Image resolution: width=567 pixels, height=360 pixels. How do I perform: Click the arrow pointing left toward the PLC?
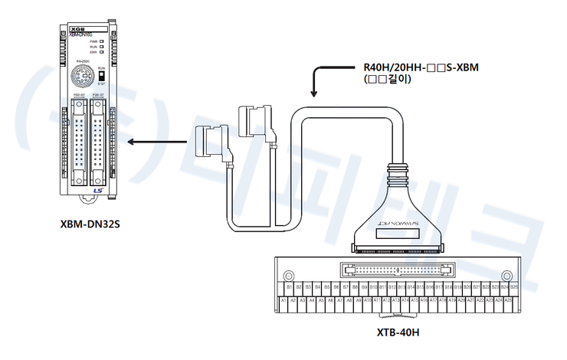tap(157, 142)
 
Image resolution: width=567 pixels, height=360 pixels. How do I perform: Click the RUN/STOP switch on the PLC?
tap(101, 77)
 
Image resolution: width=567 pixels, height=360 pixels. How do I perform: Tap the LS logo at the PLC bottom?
tap(97, 191)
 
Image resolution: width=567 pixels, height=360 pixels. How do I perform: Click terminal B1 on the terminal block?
tap(288, 286)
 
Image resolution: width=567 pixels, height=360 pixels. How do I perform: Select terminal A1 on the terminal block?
tap(283, 300)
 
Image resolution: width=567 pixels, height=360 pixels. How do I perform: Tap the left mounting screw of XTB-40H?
tap(289, 276)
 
